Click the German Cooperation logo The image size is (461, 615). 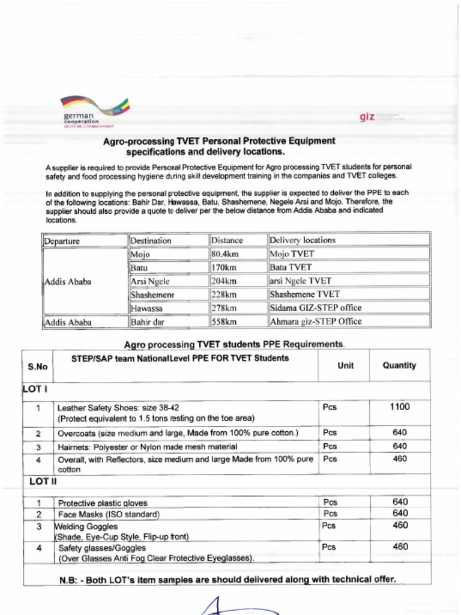pos(94,112)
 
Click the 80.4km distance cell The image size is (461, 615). pos(225,254)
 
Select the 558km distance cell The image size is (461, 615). pos(224,322)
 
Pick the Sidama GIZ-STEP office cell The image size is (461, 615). pos(316,308)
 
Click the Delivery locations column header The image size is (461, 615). pos(303,240)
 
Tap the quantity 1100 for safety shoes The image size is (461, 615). pos(399,407)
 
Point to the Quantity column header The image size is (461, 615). pos(399,365)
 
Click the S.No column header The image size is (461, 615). pos(38,366)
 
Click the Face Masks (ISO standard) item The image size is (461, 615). pos(109,515)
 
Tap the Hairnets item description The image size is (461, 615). pos(147,447)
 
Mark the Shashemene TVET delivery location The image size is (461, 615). pos(304,294)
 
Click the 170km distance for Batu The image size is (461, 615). pos(224,267)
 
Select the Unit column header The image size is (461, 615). pos(346,365)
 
